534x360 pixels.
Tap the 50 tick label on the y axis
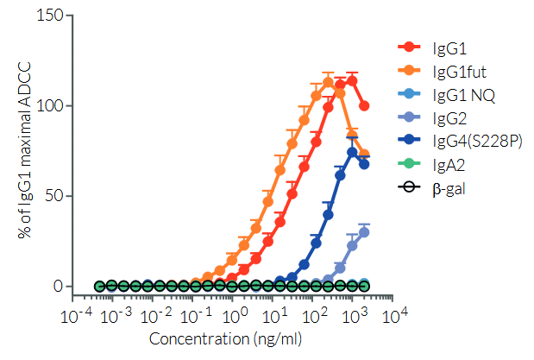point(52,196)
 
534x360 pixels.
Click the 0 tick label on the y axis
point(56,286)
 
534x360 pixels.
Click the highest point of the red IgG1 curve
point(352,80)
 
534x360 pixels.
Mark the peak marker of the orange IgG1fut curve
point(328,83)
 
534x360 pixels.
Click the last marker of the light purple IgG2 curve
point(364,231)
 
